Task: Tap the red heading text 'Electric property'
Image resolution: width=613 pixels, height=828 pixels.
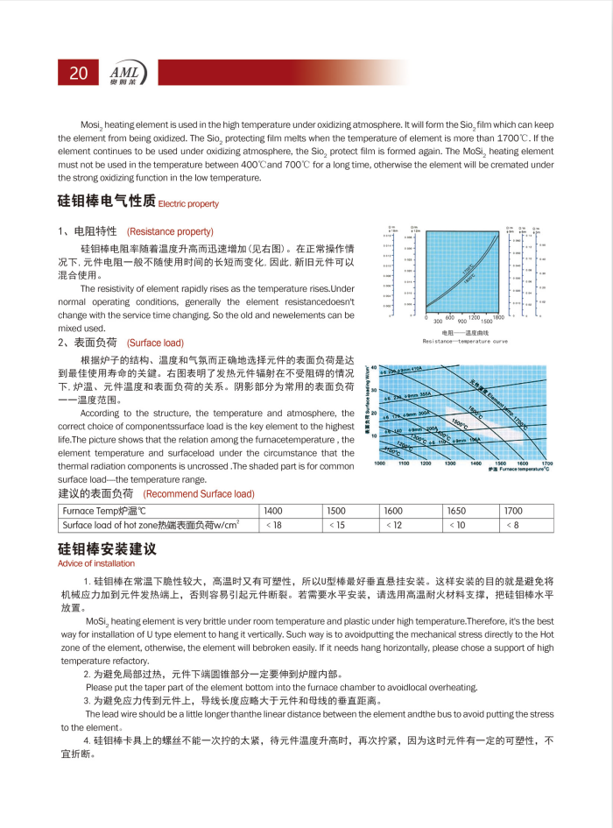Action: [189, 203]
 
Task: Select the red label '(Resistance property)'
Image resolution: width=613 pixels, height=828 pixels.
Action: [170, 231]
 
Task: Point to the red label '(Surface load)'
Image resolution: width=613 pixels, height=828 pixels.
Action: [155, 343]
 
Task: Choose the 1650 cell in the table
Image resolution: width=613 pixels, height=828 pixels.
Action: [457, 510]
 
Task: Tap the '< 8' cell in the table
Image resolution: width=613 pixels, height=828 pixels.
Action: [513, 525]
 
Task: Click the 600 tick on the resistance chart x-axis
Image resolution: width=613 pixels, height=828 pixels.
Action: [450, 316]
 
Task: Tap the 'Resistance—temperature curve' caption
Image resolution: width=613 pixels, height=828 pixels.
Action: [465, 340]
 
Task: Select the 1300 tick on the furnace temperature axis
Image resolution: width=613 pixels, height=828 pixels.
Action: [450, 463]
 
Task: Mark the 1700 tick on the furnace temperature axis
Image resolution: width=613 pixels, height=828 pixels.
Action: [547, 463]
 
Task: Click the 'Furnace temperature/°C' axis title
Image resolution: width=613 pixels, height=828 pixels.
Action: [525, 470]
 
